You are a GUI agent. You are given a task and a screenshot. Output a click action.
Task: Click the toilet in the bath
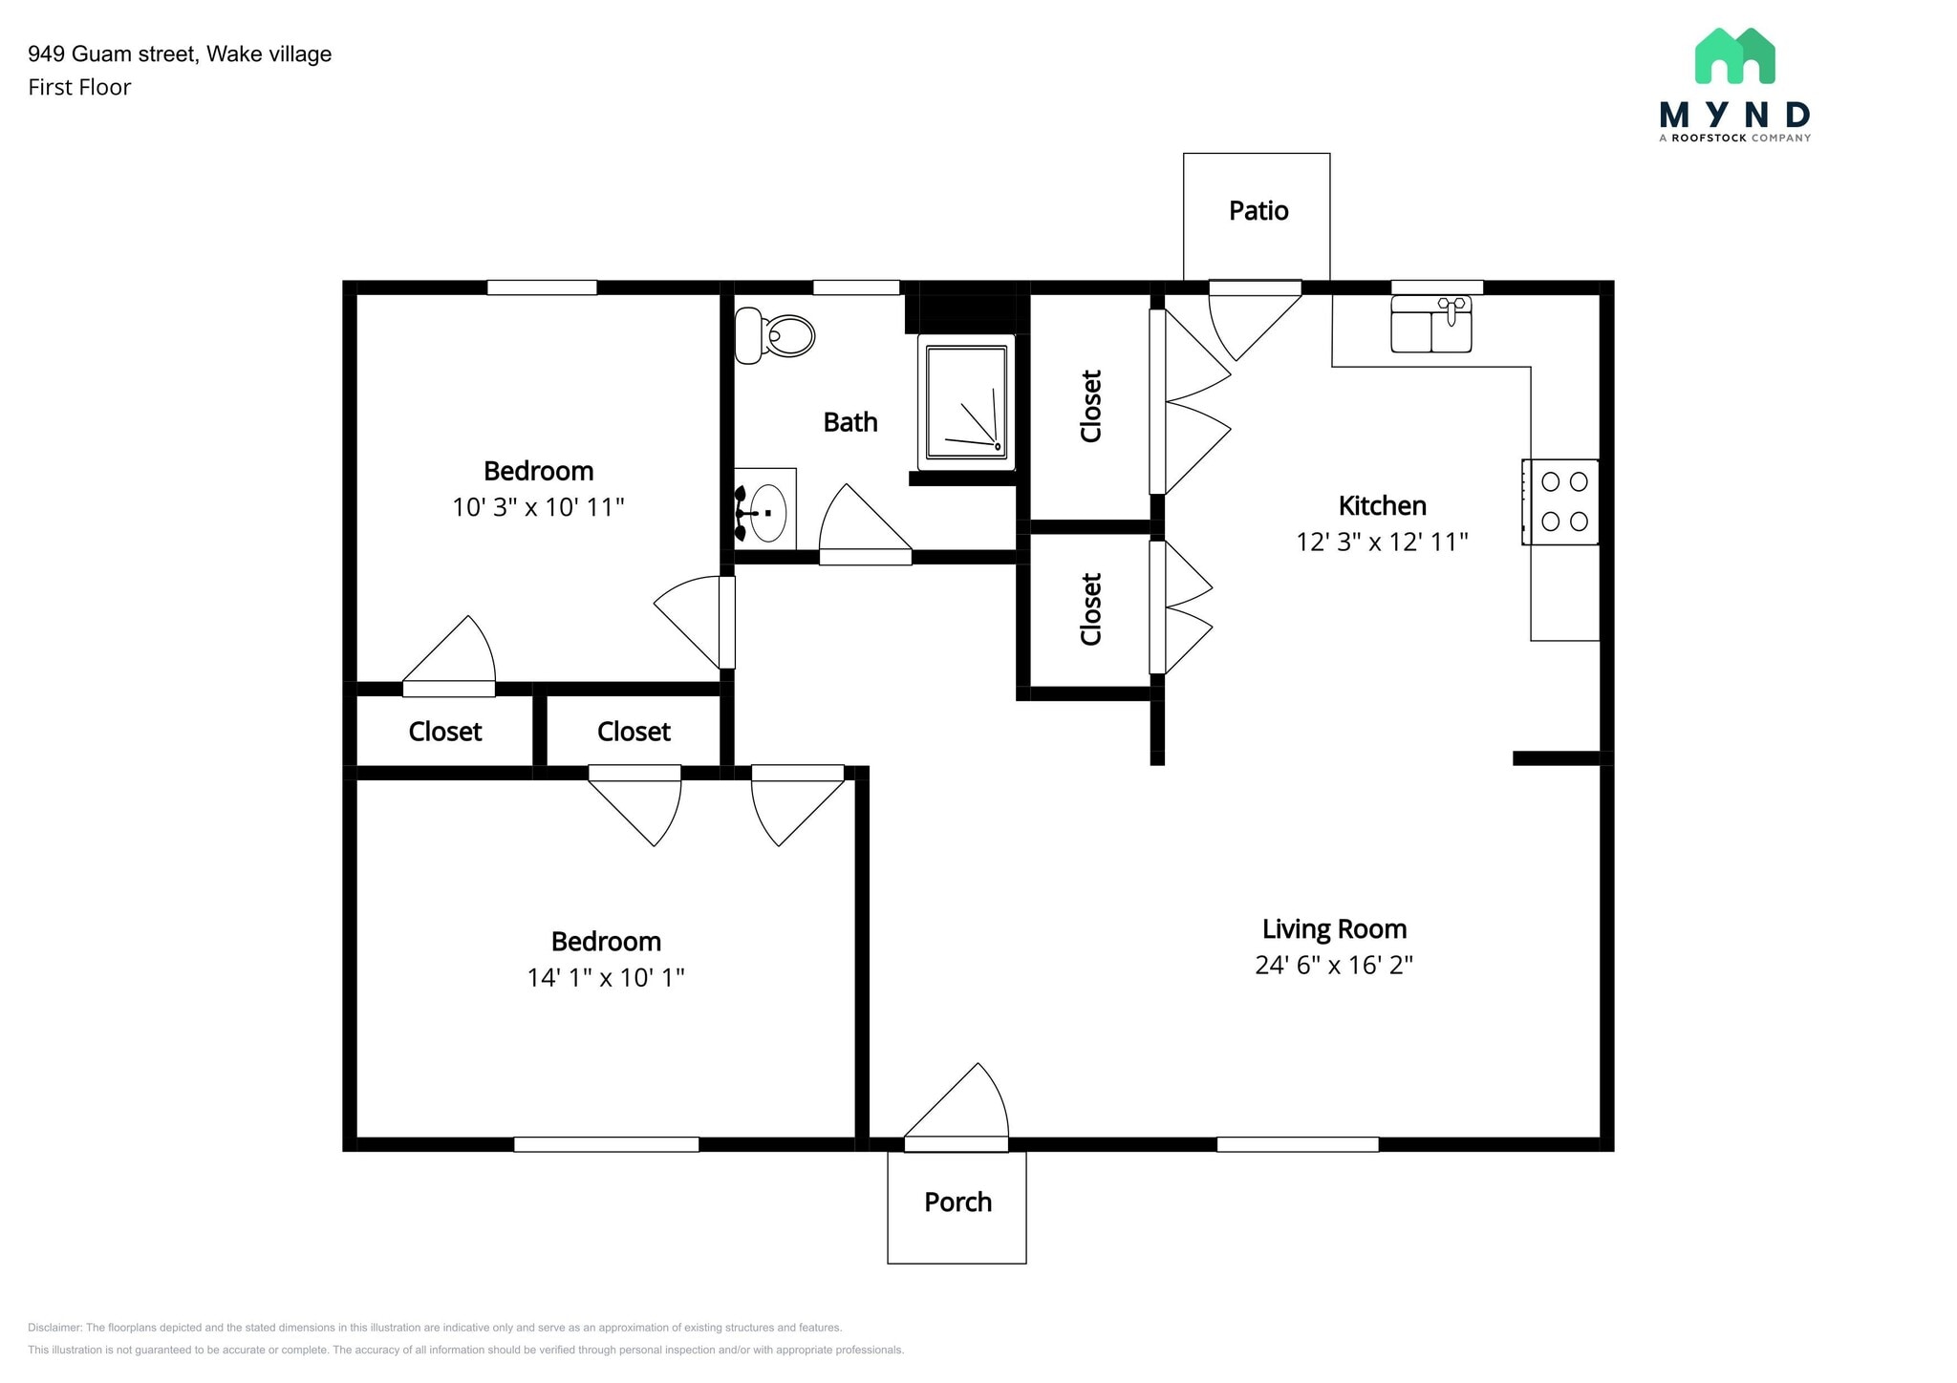pyautogui.click(x=775, y=335)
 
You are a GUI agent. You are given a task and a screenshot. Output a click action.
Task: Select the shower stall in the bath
pyautogui.click(x=965, y=403)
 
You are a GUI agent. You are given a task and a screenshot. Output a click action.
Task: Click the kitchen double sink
pyautogui.click(x=1430, y=324)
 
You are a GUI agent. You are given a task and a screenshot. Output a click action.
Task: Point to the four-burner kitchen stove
pyautogui.click(x=1561, y=502)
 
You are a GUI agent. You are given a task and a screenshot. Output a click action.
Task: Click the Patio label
pyautogui.click(x=1258, y=210)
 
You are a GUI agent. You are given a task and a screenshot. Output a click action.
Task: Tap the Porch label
pyautogui.click(x=957, y=1202)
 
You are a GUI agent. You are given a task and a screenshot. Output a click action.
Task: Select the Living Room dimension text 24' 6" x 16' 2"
pyautogui.click(x=1333, y=965)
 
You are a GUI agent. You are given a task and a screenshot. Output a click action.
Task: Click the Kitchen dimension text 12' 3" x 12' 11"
pyautogui.click(x=1381, y=542)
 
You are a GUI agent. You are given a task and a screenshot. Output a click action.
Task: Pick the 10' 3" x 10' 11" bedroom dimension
pyautogui.click(x=538, y=506)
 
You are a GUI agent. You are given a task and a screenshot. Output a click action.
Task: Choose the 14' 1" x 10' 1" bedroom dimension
pyautogui.click(x=606, y=977)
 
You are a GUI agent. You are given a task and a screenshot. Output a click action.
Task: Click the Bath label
pyautogui.click(x=849, y=421)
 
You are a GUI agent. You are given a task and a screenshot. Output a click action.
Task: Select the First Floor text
pyautogui.click(x=79, y=87)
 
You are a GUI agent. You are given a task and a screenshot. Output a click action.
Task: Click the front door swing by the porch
pyautogui.click(x=965, y=1108)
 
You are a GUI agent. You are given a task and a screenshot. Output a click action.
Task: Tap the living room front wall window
pyautogui.click(x=1297, y=1144)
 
